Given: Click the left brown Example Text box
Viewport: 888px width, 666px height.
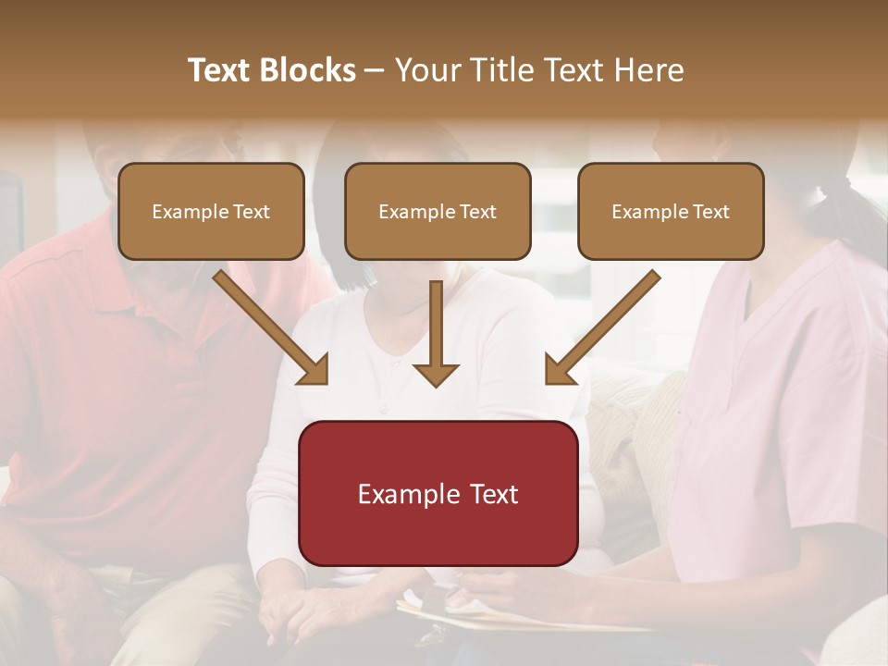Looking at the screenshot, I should click(211, 211).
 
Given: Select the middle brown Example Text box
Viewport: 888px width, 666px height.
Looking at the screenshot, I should click(438, 211).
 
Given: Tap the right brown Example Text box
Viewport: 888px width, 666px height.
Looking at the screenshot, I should click(671, 211).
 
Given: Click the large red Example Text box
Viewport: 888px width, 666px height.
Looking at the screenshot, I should click(438, 493).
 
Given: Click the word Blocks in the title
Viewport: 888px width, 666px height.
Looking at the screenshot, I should click(308, 70).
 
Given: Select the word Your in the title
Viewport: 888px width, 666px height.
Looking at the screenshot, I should click(427, 70).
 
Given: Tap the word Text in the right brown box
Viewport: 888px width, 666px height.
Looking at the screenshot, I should click(710, 212).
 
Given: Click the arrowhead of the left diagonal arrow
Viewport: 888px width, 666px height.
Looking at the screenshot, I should click(314, 371).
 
